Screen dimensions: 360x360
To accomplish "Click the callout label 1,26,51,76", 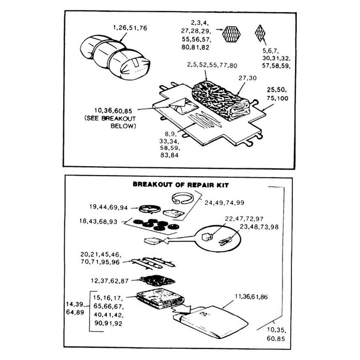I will click(130, 27).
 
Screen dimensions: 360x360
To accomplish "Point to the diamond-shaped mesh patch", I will click(260, 34).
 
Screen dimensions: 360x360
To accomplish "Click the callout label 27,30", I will click(249, 79).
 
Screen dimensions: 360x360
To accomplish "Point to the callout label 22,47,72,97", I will click(244, 219).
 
